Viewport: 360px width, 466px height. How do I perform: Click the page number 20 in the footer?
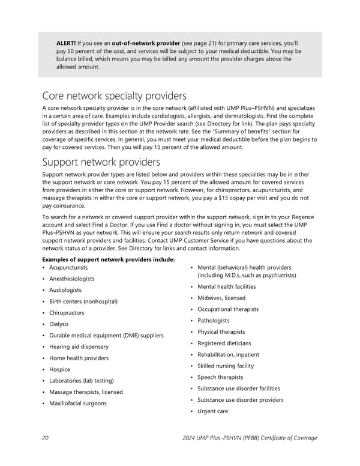pyautogui.click(x=46, y=437)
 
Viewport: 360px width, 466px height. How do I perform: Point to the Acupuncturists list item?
pyautogui.click(x=68, y=267)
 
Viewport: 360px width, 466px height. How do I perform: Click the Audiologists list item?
pyautogui.click(x=65, y=290)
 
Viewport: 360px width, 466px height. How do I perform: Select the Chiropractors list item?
pyautogui.click(x=67, y=313)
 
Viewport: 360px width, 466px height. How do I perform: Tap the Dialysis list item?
pyautogui.click(x=59, y=324)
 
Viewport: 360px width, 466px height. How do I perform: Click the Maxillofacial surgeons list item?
pyautogui.click(x=78, y=403)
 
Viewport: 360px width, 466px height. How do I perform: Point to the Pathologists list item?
pyautogui.click(x=213, y=321)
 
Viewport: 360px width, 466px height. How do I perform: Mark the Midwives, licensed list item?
pyautogui.click(x=221, y=298)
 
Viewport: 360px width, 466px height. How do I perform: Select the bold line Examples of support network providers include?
pyautogui.click(x=109, y=259)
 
